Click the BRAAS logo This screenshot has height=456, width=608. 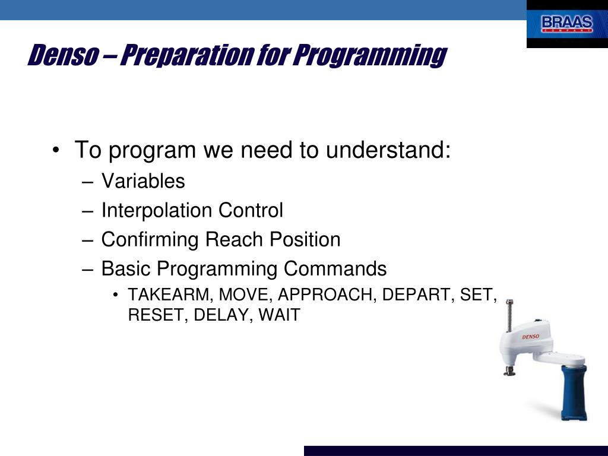(567, 24)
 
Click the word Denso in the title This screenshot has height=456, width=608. (63, 55)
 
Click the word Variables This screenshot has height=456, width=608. (143, 181)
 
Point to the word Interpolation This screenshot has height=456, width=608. (157, 211)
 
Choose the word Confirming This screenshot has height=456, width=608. (150, 240)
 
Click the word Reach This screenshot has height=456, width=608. (234, 239)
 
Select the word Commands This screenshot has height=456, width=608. (335, 268)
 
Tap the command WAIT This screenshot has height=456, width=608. (279, 315)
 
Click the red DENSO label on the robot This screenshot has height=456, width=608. (530, 337)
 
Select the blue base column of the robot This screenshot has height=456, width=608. (574, 392)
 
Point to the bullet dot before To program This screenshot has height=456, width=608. (56, 150)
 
